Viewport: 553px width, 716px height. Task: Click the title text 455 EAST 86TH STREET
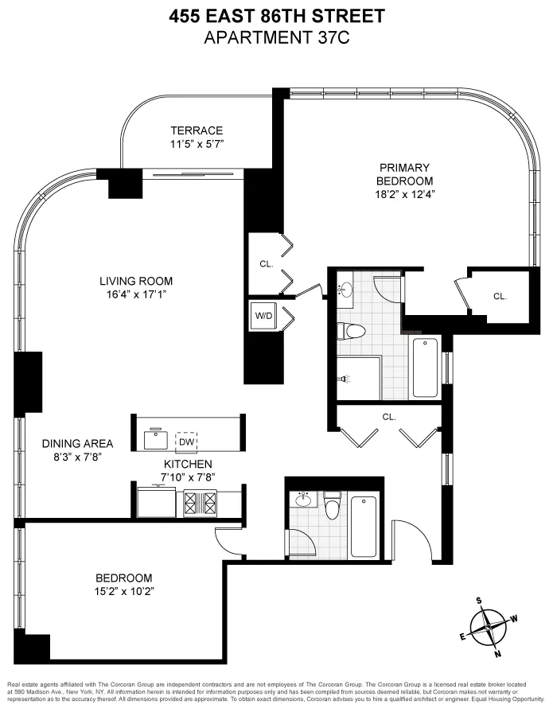point(275,15)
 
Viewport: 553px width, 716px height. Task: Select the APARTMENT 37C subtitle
point(275,37)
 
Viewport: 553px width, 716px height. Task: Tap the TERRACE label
point(197,130)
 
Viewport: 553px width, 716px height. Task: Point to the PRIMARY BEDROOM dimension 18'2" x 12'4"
point(404,193)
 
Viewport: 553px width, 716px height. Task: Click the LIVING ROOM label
point(135,281)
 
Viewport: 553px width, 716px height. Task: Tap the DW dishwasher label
point(186,442)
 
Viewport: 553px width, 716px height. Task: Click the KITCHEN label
point(188,464)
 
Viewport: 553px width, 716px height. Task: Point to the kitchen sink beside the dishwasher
point(154,439)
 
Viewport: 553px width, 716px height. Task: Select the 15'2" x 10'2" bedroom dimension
point(123,591)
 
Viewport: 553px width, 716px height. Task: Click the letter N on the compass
point(498,654)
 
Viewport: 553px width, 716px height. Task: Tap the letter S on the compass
point(479,601)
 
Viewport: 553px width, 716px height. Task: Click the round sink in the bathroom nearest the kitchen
point(302,500)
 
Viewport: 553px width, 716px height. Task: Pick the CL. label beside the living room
point(266,265)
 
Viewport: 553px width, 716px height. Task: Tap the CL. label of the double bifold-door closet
point(388,416)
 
